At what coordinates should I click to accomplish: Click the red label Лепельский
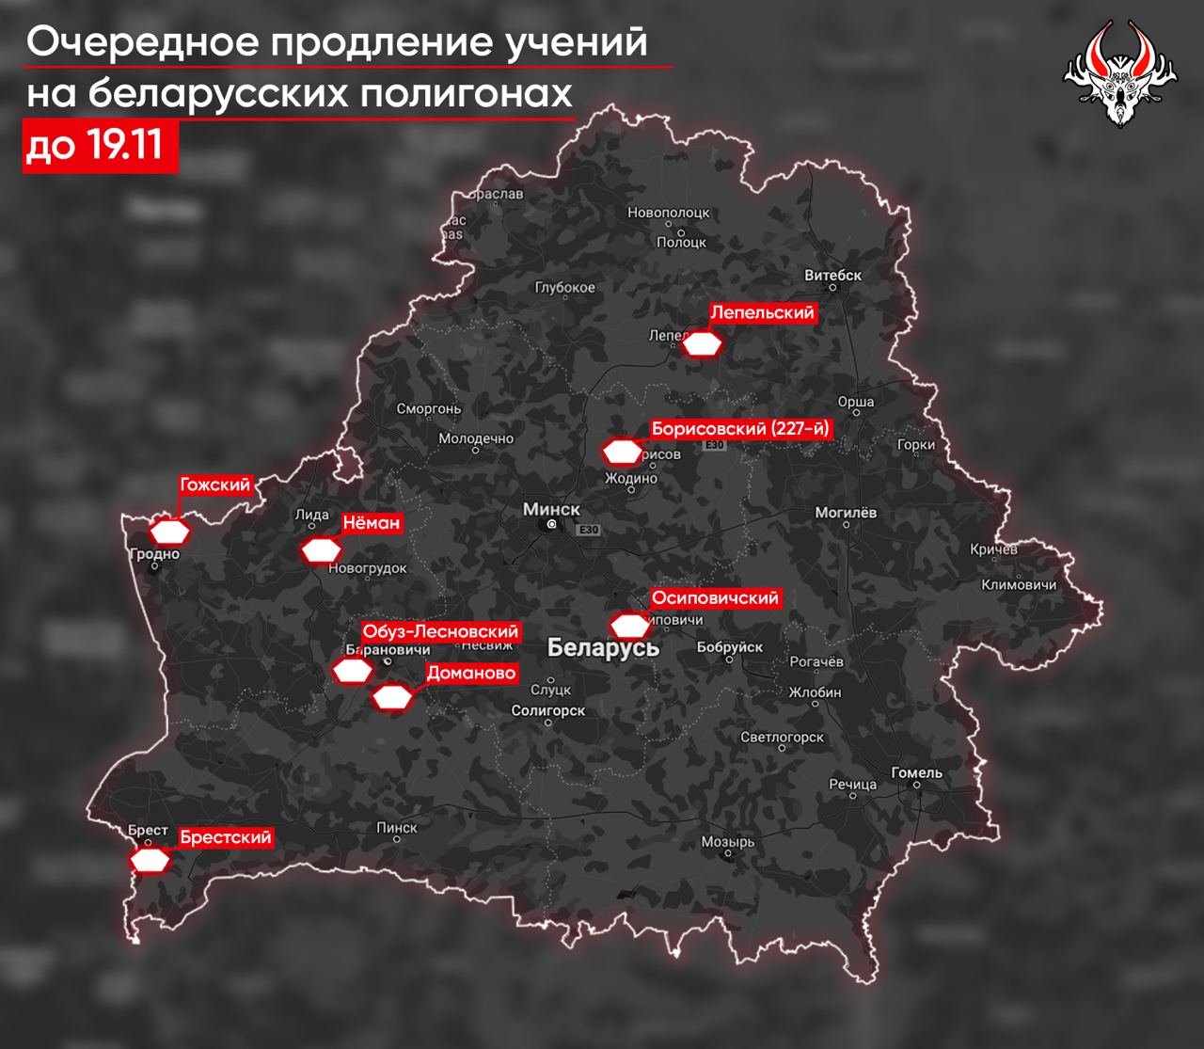[761, 312]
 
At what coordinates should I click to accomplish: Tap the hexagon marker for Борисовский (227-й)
[622, 453]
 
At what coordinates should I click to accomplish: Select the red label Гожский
[215, 485]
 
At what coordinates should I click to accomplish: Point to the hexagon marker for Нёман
[321, 549]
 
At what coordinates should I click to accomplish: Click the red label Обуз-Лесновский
[440, 631]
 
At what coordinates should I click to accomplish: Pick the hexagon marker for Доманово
[392, 697]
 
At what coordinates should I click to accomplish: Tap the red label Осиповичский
[716, 597]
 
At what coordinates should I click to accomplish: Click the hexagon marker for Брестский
[150, 860]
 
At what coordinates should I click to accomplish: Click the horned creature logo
[1120, 75]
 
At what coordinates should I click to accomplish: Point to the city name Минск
[551, 509]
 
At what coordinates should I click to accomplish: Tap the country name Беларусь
[603, 647]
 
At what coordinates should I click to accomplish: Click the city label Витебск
[833, 276]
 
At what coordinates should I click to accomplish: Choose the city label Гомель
[916, 772]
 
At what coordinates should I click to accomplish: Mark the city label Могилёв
[845, 513]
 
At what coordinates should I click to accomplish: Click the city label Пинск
[396, 827]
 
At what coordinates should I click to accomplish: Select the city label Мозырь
[728, 842]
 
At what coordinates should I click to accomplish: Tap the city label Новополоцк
[668, 213]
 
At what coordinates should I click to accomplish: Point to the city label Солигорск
[548, 711]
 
